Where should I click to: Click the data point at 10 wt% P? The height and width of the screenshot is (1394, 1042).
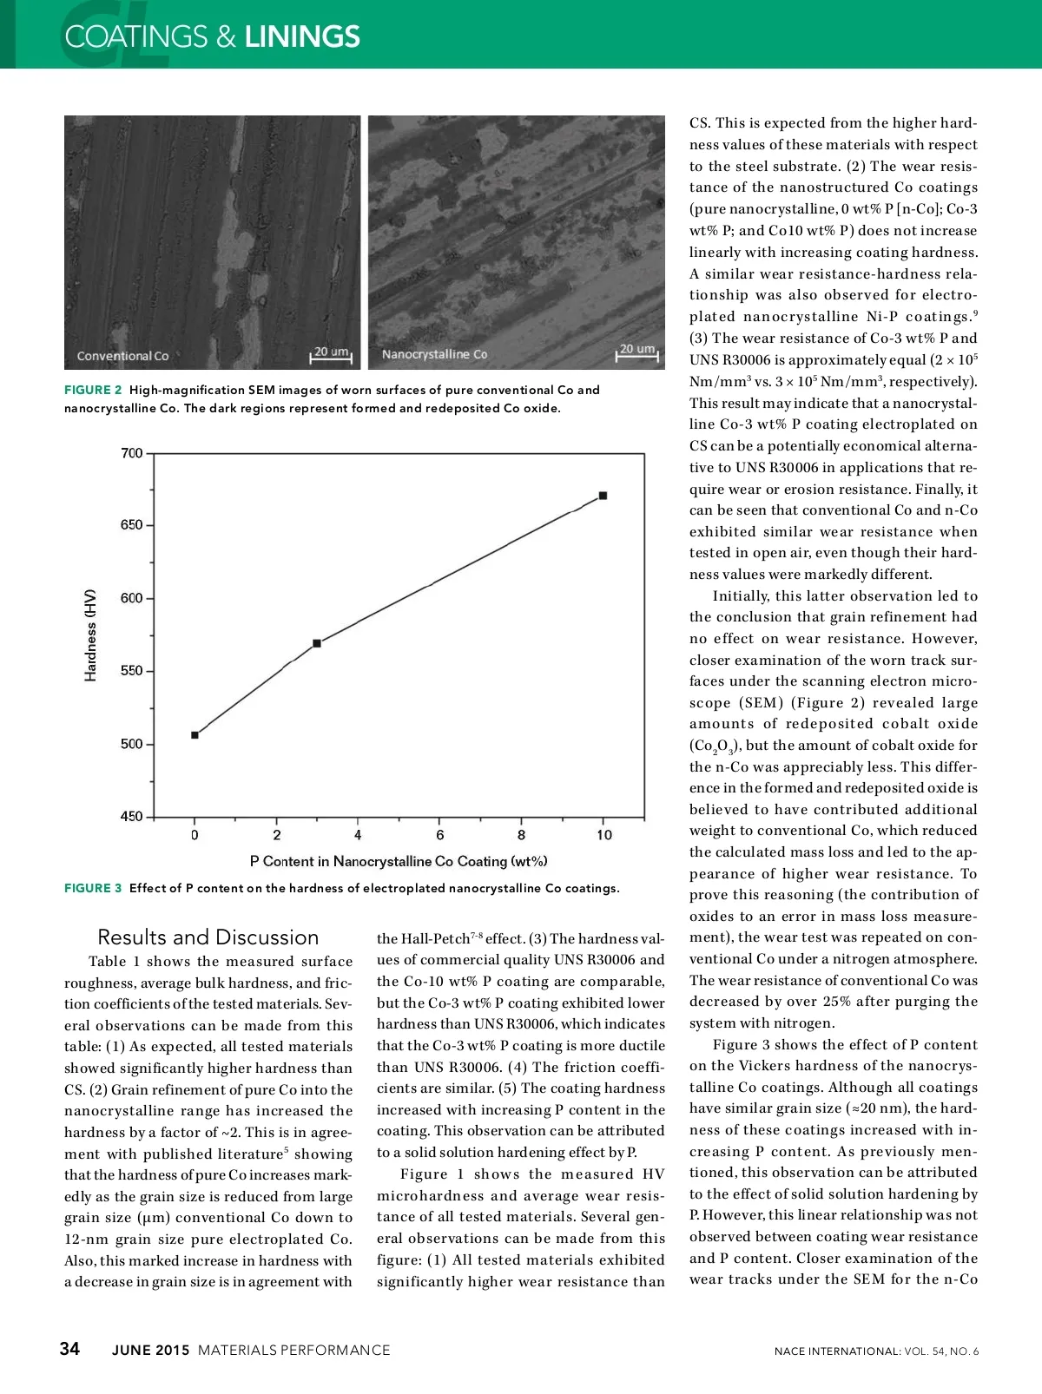603,496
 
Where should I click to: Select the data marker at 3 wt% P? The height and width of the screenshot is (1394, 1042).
317,643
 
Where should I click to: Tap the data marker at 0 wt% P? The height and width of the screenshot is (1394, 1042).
195,735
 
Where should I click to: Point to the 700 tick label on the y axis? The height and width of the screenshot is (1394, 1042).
132,453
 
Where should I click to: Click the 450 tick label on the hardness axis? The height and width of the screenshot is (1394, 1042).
132,816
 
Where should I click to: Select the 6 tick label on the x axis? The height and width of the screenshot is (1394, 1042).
440,835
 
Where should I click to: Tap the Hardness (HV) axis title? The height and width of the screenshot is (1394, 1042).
90,635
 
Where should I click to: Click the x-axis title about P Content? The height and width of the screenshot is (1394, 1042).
399,861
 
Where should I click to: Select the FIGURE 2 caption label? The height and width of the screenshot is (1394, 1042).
93,390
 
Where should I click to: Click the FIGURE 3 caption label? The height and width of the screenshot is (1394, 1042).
93,888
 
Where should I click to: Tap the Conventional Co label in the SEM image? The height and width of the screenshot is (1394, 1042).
122,356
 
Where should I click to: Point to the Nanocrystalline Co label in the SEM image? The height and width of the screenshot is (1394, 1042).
434,354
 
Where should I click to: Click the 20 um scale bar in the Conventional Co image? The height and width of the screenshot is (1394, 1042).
331,354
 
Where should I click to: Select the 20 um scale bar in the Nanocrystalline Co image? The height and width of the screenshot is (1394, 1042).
637,352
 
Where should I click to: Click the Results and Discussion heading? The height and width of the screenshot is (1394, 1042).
208,937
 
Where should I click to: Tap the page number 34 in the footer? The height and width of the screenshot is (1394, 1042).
69,1348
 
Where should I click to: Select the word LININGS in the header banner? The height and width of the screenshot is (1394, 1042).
302,36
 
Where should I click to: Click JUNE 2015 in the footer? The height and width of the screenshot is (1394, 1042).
150,1350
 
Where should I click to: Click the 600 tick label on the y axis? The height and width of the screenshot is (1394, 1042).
132,598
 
